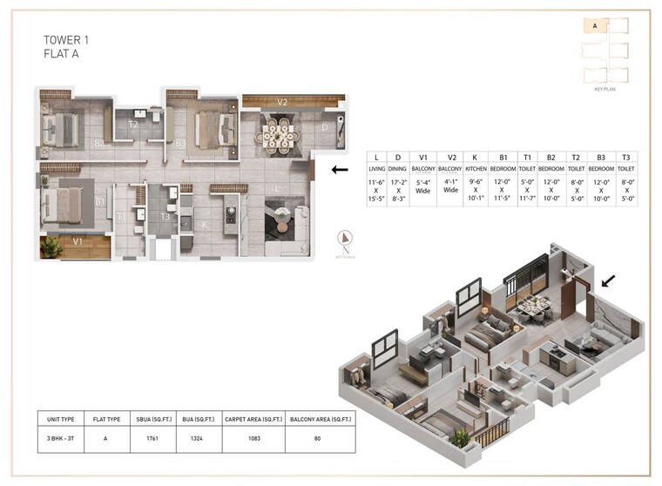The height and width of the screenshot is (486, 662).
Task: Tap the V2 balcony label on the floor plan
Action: point(282,102)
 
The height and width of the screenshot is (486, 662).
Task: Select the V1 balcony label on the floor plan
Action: point(78,241)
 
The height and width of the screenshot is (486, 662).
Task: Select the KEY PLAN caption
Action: point(605,90)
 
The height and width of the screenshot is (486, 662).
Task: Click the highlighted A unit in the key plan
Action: point(595,26)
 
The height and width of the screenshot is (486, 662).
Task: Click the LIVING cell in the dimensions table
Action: point(377,169)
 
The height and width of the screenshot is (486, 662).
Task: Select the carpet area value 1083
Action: point(253,439)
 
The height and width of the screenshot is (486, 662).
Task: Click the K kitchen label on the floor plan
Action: point(205,223)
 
